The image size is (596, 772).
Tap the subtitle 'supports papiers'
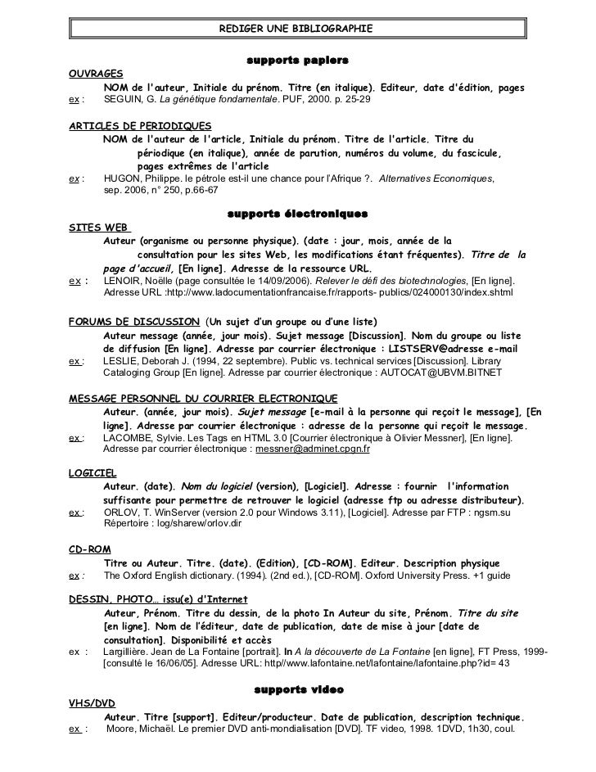point(297,61)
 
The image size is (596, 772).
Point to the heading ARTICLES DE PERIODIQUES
point(140,126)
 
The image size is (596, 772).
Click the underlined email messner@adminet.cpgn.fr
point(313,450)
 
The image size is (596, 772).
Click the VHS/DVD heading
point(91,702)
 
